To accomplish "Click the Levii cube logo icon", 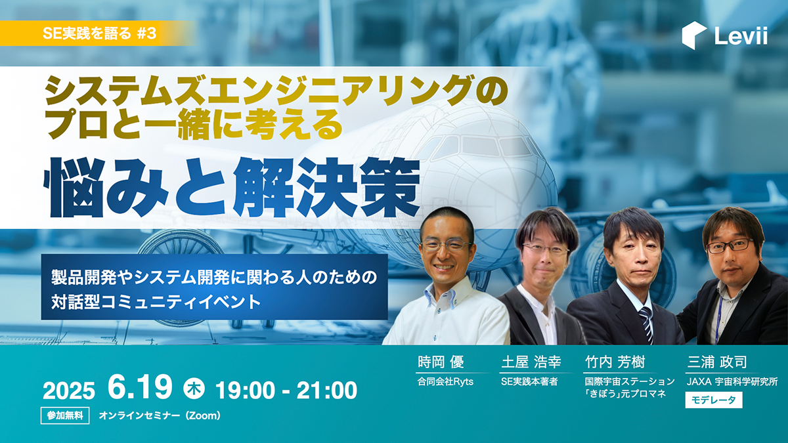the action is pos(693,35).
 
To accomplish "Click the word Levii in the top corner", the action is pos(741,36).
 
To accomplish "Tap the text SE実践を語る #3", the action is pos(99,33).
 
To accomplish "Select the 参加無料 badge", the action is pos(65,415).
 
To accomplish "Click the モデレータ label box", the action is pos(714,400).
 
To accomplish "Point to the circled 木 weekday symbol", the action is pos(194,389).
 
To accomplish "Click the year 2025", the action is pos(69,390).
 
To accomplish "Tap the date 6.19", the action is pos(140,387).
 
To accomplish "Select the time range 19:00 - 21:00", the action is pos(286,390).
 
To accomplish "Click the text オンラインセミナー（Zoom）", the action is pos(160,415).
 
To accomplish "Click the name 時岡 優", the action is pos(441,362).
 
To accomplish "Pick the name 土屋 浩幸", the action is pos(531,362).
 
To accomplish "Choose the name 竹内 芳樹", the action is pos(615,362).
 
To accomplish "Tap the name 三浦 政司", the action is pos(717,362).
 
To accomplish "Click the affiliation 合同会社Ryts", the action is pos(445,381).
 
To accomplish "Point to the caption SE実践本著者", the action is pos(529,381).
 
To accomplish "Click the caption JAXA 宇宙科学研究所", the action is pos(732,381).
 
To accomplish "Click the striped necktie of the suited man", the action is pos(647,324).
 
